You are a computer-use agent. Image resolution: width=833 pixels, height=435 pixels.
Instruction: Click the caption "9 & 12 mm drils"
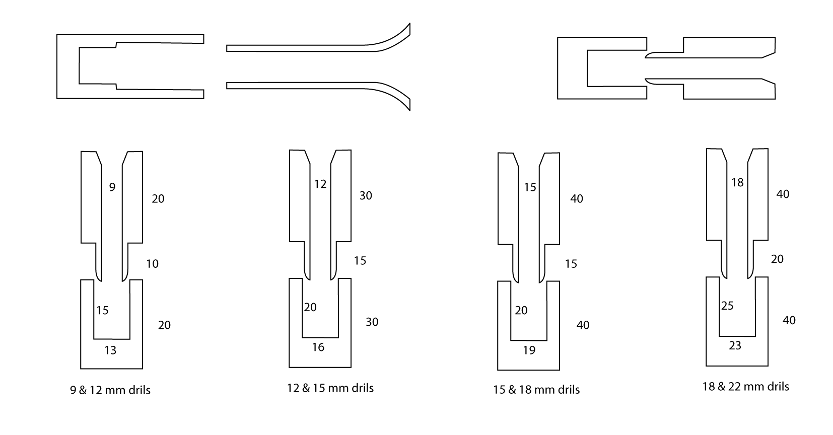tap(110, 390)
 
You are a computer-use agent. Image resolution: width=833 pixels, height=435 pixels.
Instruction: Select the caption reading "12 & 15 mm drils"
tap(330, 388)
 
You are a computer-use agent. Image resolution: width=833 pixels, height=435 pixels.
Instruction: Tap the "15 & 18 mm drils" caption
tap(536, 390)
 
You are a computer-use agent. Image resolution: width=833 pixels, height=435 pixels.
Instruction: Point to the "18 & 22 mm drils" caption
tap(745, 386)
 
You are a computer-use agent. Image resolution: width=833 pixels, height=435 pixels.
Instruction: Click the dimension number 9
tap(112, 187)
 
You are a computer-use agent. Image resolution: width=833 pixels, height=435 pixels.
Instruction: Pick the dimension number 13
tap(110, 350)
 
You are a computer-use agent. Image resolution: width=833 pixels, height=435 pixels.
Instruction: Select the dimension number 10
tap(152, 264)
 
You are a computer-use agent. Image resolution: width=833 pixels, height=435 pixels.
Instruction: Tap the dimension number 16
tap(318, 347)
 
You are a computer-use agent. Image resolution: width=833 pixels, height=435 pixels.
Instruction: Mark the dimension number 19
tap(529, 350)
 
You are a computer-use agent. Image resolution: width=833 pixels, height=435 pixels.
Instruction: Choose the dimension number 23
tap(735, 346)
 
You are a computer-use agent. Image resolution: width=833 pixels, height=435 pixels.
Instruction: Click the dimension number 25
tap(727, 306)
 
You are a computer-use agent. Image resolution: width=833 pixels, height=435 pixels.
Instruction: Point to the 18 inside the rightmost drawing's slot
tap(737, 183)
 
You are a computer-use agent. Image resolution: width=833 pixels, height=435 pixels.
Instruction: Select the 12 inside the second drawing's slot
tap(320, 184)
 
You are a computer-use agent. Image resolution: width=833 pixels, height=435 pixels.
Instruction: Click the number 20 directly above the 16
tap(310, 307)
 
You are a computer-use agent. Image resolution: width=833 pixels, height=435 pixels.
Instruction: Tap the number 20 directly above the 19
tap(521, 310)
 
